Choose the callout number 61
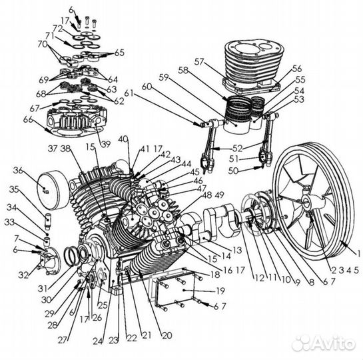(129, 93)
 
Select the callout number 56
(296, 68)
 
